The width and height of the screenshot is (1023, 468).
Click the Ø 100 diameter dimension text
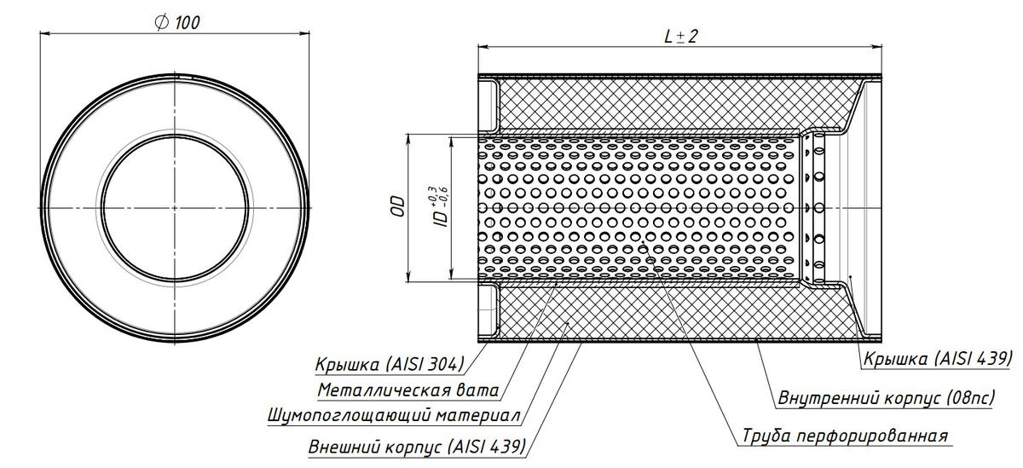tap(177, 22)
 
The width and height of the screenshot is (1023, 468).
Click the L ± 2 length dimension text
tap(680, 36)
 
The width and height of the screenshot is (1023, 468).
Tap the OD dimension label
tap(396, 207)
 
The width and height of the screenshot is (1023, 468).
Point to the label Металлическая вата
tap(407, 390)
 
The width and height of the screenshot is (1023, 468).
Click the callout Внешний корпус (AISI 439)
tap(416, 445)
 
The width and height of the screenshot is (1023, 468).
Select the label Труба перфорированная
tap(843, 436)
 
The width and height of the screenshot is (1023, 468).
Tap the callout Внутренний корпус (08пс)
tap(885, 397)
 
